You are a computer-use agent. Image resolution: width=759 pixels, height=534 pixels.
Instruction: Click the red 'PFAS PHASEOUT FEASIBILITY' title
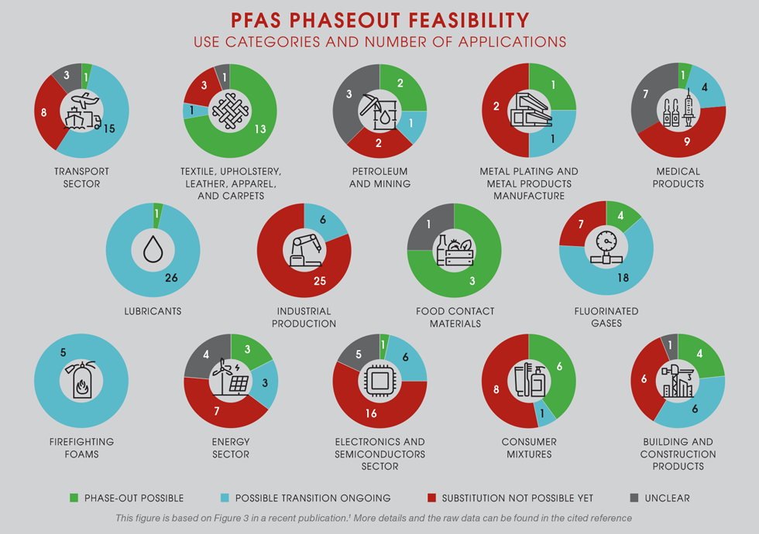379,19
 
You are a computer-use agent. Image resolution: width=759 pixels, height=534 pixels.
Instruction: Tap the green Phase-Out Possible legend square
74,498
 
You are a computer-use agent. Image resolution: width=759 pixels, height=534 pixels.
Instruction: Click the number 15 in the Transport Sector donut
110,128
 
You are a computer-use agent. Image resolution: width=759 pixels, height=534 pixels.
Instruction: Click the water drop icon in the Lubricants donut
153,248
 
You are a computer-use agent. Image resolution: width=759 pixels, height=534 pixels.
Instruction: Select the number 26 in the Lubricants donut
171,276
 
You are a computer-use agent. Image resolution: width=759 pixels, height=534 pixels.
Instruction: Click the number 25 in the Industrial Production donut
320,281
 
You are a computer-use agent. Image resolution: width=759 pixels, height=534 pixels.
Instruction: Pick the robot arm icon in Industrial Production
304,248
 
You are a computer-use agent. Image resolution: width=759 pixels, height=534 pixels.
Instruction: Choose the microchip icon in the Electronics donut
379,381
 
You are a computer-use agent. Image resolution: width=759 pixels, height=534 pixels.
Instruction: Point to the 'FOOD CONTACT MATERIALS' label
455,317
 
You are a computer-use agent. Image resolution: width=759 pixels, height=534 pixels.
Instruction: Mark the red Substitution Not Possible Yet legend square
433,498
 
